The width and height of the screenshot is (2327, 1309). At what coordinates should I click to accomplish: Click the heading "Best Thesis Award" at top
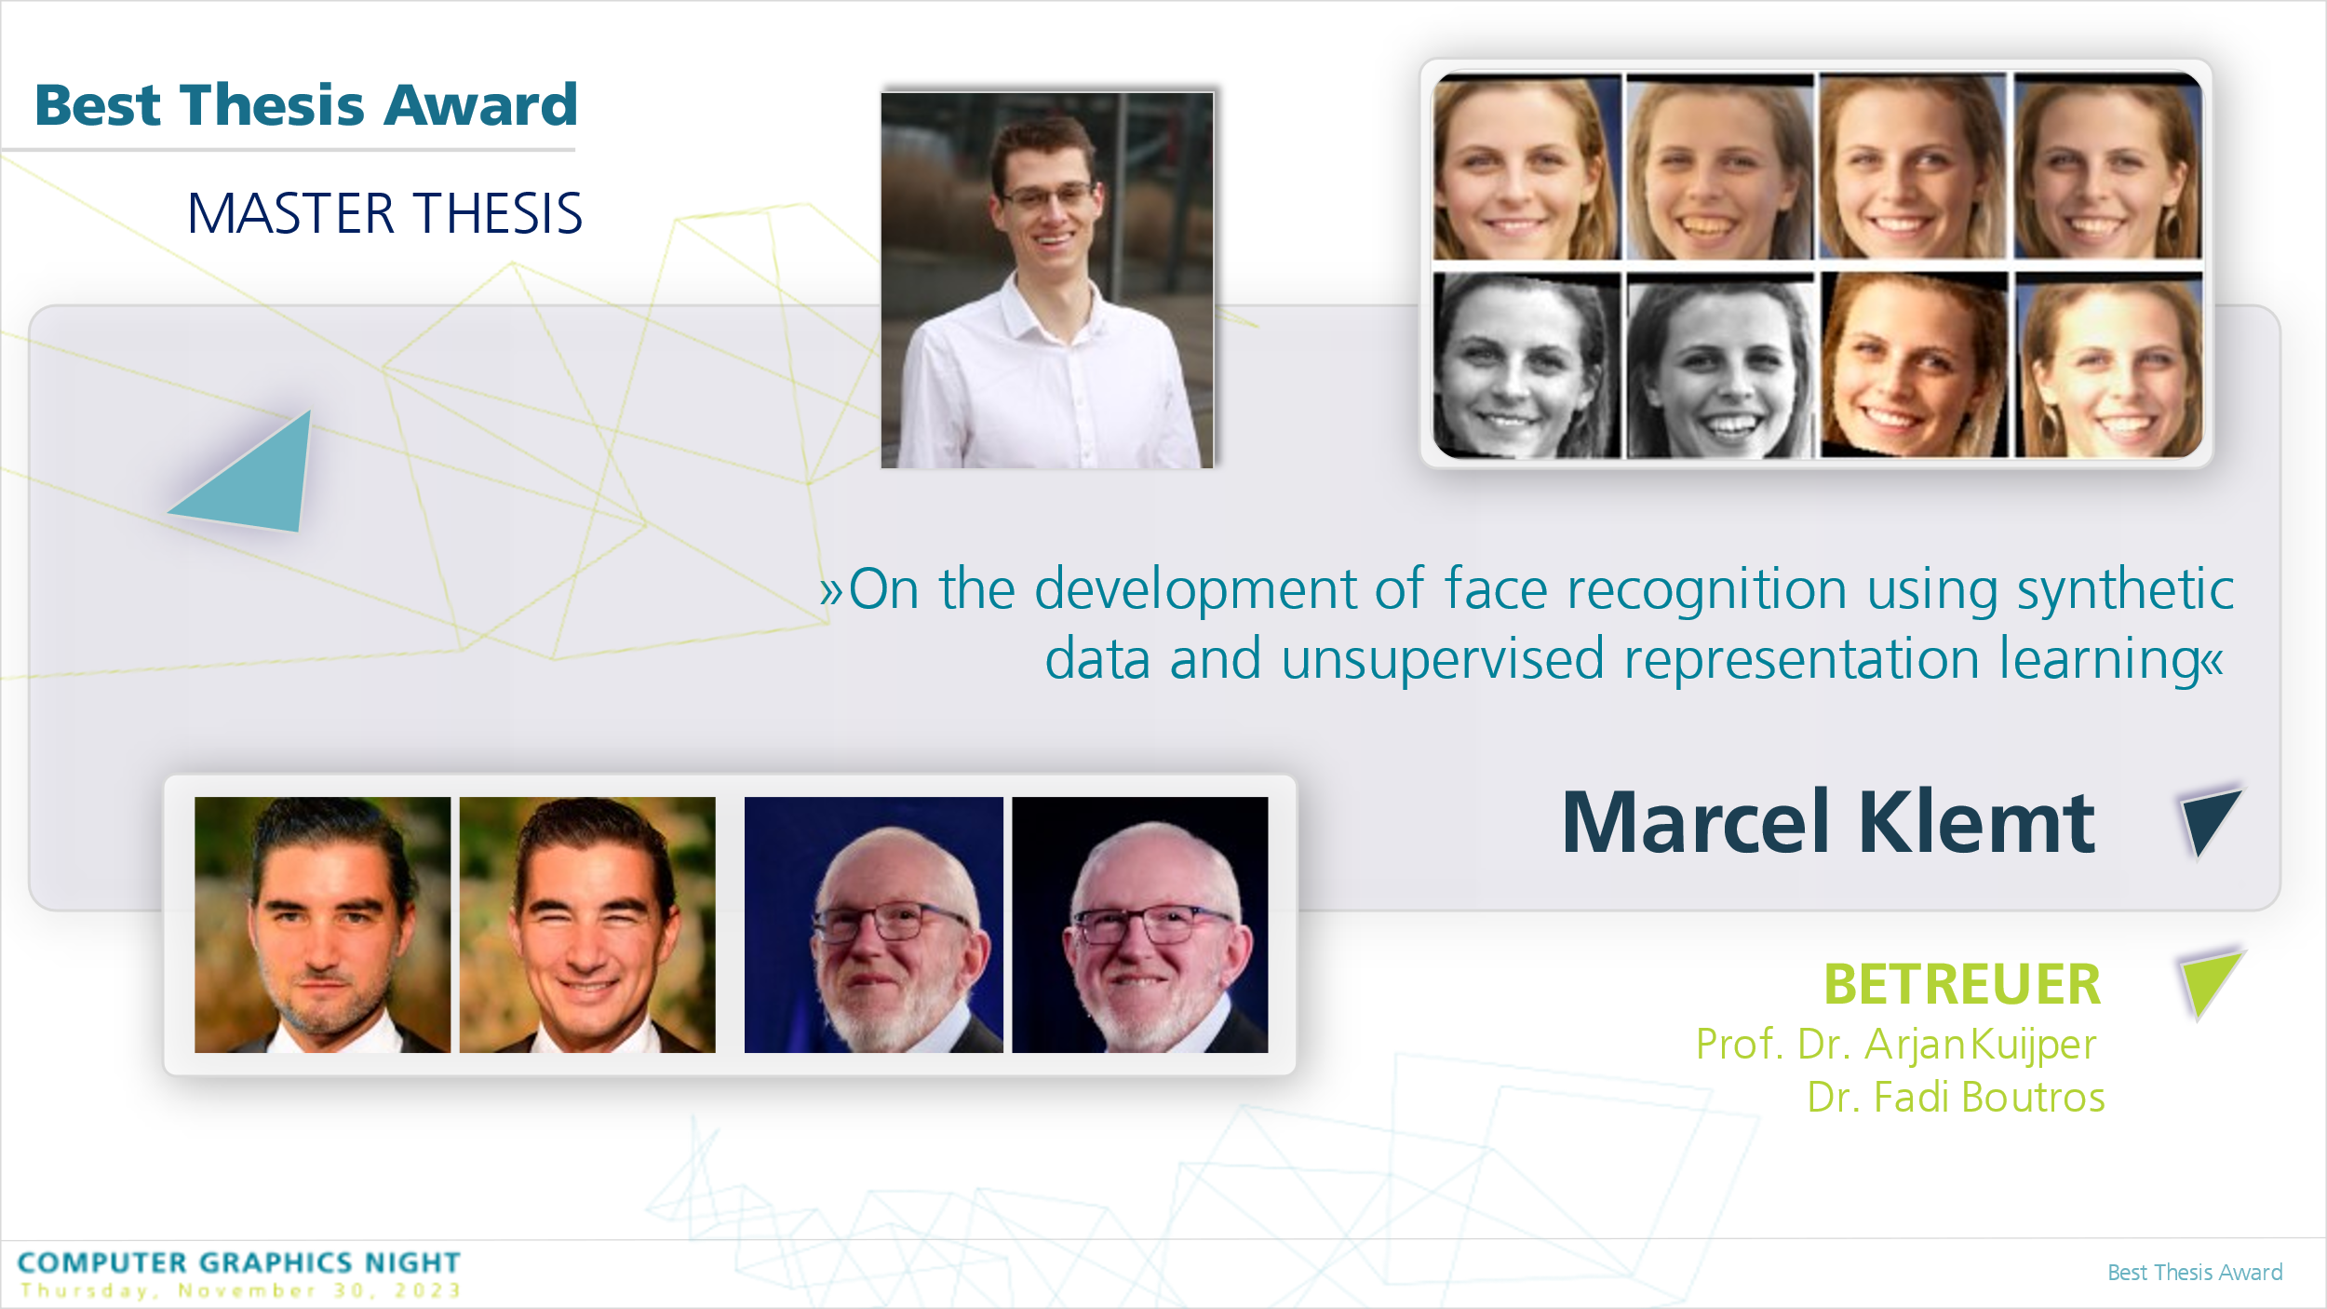click(306, 104)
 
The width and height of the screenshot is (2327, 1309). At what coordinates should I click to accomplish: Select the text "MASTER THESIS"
click(385, 213)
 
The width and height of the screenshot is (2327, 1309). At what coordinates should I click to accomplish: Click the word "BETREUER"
click(1962, 985)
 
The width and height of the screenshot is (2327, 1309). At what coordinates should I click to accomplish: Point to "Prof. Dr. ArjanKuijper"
click(1896, 1045)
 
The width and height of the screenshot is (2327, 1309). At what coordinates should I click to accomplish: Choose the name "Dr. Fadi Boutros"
click(1956, 1097)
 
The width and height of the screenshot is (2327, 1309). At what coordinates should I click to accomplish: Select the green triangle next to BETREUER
click(2210, 984)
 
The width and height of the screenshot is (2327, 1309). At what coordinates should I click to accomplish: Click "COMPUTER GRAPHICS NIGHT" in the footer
click(239, 1262)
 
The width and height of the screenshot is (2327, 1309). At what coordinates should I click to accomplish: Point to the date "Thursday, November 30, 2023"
click(241, 1290)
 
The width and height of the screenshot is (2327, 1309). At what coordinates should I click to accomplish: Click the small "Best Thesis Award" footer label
click(2195, 1273)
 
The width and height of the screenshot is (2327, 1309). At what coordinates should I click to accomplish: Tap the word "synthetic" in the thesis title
click(2125, 590)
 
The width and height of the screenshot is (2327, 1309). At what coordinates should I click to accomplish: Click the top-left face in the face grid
click(1527, 167)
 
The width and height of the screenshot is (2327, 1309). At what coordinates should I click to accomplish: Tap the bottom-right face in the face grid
click(2108, 365)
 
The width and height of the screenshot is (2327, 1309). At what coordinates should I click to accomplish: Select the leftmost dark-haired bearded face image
click(322, 924)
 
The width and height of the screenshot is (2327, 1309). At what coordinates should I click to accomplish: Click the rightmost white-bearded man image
click(1140, 924)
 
